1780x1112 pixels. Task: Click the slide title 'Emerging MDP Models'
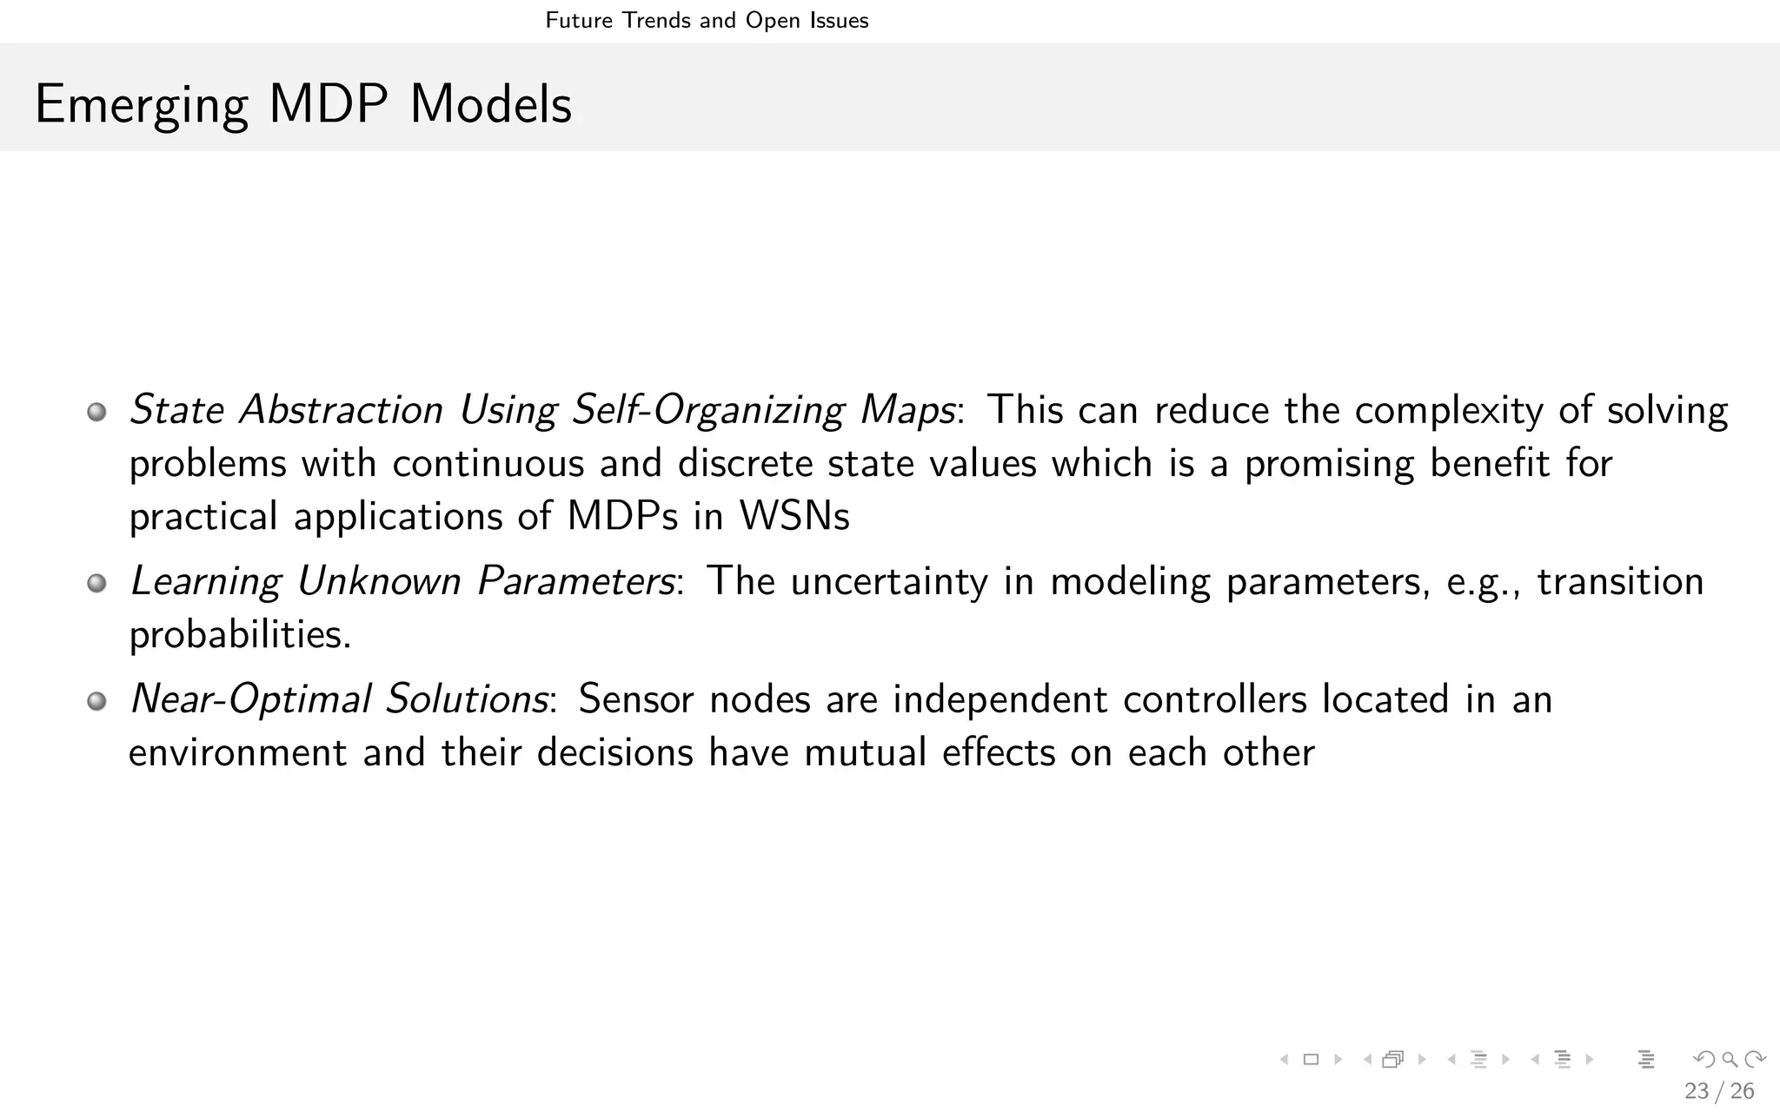point(302,105)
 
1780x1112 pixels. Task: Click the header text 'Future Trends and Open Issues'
point(707,20)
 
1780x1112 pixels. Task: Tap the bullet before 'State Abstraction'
point(96,412)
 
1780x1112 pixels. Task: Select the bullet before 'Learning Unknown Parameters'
point(96,583)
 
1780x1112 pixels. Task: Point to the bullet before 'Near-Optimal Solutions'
point(96,701)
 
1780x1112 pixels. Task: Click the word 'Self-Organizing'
point(707,411)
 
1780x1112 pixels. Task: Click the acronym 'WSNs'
point(794,517)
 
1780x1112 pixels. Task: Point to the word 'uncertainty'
point(888,582)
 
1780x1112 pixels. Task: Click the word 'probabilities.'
point(240,635)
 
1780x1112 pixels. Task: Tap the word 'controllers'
point(1214,700)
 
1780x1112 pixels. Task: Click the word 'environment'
point(237,753)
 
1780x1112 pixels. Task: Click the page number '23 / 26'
point(1718,1091)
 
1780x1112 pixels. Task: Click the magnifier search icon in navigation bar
point(1730,1059)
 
